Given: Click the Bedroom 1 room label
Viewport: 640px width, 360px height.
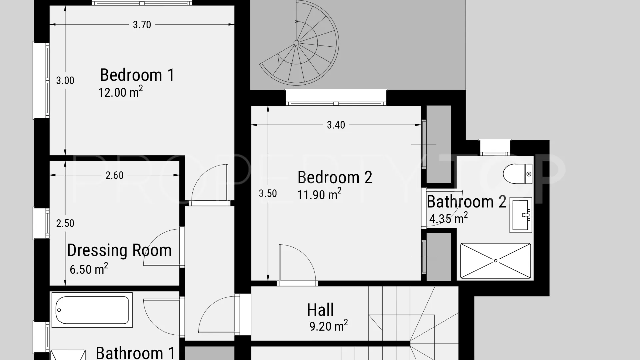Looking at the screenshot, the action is tap(137, 75).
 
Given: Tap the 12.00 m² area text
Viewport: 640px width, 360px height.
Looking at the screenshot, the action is tap(121, 92).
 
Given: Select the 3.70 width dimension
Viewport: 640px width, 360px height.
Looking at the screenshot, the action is tap(142, 25).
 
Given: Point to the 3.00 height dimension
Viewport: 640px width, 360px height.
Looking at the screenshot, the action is tap(65, 80).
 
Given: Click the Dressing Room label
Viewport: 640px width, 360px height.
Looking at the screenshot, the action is tap(119, 250).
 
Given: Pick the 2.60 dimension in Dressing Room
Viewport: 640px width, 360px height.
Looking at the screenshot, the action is tap(114, 175).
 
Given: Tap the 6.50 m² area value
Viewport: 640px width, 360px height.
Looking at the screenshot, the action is tap(89, 268).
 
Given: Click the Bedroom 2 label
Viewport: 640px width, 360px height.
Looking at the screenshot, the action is tap(335, 177).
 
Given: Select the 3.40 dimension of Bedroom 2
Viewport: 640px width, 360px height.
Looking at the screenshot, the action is tap(336, 125).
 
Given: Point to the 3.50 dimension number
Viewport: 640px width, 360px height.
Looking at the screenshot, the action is tap(268, 193).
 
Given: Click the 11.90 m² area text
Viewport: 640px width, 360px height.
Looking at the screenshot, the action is tap(319, 194).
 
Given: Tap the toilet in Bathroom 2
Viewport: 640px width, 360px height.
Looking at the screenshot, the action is tap(517, 174).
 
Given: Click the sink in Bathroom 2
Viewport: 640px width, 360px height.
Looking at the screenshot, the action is tap(521, 215).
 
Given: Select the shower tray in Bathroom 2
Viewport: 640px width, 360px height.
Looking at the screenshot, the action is tap(495, 261).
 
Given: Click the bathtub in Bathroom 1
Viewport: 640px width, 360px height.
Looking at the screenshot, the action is tap(92, 310).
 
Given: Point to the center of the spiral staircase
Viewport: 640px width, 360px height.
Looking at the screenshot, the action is tap(296, 43).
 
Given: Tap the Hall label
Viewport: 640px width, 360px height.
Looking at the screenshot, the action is tap(320, 310).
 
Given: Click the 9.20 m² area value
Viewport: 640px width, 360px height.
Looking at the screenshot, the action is tap(329, 325).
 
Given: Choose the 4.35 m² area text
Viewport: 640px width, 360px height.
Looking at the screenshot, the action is tap(448, 218).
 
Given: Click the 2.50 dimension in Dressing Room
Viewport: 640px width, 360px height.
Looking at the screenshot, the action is tap(65, 223).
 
